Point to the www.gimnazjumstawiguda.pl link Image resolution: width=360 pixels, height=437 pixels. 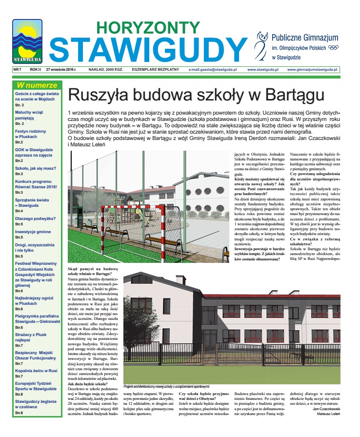click(313, 70)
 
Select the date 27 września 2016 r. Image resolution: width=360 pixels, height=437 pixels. click(64, 70)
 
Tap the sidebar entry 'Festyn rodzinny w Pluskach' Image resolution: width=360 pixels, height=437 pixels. click(30, 134)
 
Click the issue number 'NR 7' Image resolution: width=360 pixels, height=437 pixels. click(19, 70)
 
